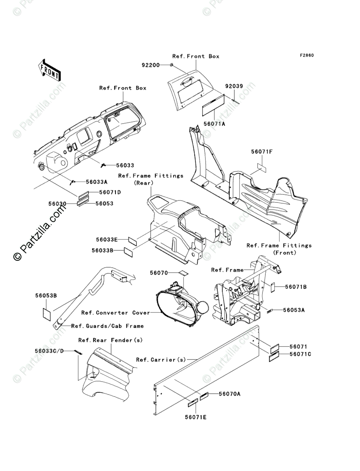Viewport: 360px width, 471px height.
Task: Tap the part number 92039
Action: [x=234, y=86]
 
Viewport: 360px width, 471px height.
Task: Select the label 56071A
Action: [x=215, y=124]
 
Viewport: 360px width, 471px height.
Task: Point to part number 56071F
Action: [x=262, y=152]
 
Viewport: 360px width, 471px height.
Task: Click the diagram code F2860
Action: [x=306, y=55]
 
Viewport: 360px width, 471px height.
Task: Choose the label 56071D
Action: [x=110, y=192]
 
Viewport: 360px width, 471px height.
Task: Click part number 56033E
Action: [x=107, y=240]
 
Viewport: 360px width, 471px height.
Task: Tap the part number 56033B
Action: [x=102, y=250]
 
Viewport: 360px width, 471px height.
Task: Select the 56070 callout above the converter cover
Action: [x=159, y=273]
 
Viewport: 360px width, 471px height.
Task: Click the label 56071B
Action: [x=296, y=287]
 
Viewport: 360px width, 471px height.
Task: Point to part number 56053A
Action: [x=294, y=310]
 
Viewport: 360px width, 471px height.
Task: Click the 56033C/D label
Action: [x=49, y=351]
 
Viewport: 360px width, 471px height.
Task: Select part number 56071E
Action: [x=196, y=417]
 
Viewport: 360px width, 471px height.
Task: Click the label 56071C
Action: [x=300, y=354]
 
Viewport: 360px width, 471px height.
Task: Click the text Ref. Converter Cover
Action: [x=115, y=313]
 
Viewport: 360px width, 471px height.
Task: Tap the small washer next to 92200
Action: [x=172, y=65]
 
